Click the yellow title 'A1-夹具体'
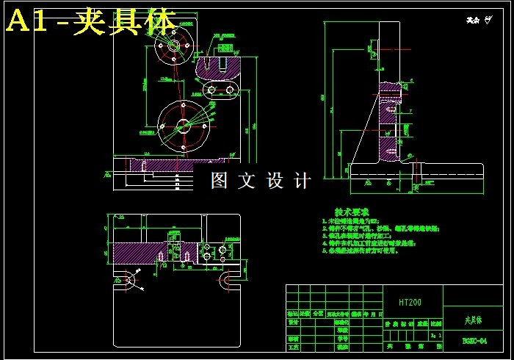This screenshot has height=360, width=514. point(90,22)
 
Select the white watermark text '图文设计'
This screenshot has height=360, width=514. point(261,180)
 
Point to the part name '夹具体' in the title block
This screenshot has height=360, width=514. point(474,320)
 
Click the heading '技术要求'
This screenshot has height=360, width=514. point(351,211)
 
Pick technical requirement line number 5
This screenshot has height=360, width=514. point(360,251)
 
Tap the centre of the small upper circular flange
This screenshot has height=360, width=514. point(176,45)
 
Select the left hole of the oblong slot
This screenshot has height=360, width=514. point(211,90)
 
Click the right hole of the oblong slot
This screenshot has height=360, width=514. point(231,90)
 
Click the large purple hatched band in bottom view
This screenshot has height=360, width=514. point(147,253)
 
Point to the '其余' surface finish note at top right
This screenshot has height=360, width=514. point(478,21)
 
